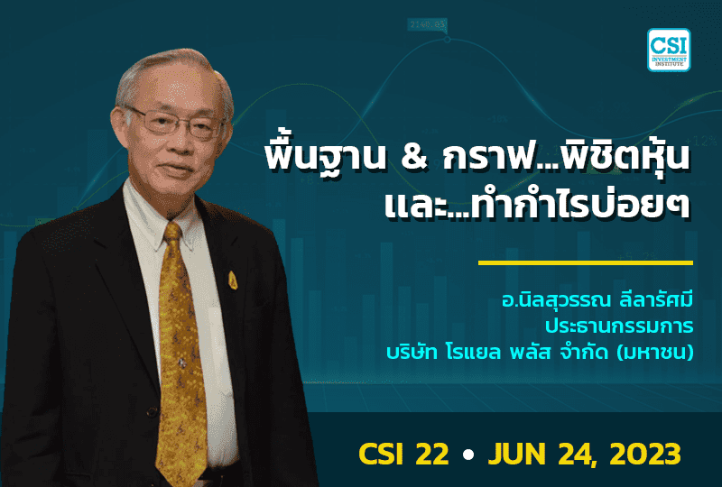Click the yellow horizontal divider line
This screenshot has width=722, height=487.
pos(585,263)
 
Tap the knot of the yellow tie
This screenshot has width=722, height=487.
pos(171,236)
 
